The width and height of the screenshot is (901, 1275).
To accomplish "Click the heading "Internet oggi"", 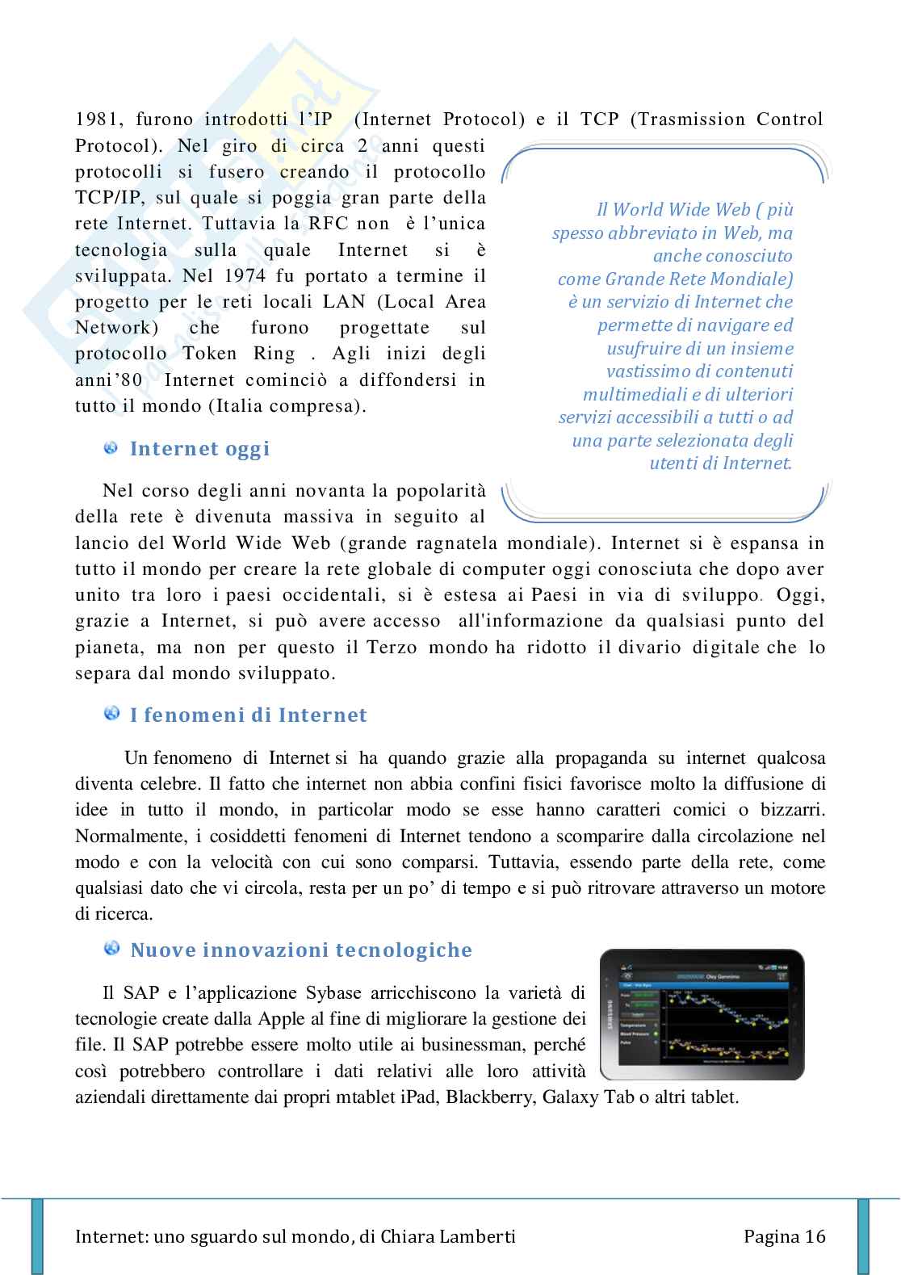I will point(199,449).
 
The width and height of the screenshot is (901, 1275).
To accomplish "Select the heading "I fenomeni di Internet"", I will point(248,715).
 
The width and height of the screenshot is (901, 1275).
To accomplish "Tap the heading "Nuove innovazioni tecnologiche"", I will point(301,950).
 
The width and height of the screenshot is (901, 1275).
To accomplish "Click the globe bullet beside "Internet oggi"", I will point(111,448).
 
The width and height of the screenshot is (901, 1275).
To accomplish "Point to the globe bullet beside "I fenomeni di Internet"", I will point(111,715).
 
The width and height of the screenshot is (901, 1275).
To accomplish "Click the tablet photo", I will point(702,1015).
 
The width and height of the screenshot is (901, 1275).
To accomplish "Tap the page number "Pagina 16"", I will point(785,1236).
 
